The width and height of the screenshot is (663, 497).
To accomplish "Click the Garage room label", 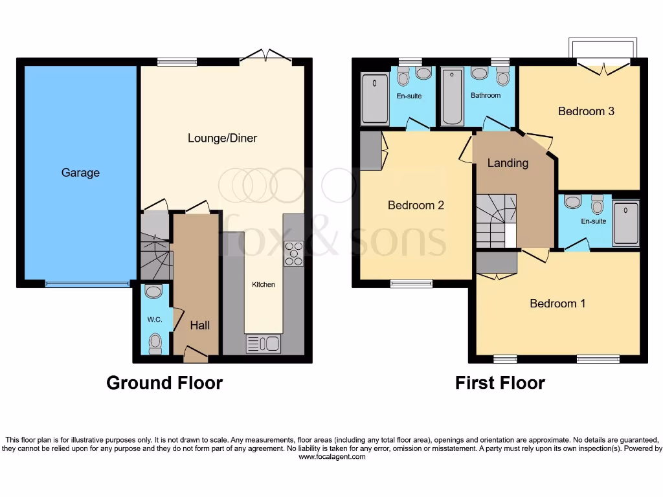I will tap(80, 173).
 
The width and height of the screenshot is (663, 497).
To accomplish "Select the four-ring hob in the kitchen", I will tap(294, 253).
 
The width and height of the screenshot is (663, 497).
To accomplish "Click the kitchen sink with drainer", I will tap(264, 344).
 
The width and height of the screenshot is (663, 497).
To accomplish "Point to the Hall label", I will tap(199, 326).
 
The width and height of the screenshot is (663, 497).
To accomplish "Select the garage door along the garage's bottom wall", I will tap(87, 283).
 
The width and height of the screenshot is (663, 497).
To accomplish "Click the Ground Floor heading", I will tap(164, 383).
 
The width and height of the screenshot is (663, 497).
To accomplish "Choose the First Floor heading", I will tap(500, 383).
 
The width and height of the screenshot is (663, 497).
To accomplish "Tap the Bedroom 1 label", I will tap(557, 304).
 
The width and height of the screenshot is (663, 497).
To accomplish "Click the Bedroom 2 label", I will tap(416, 205).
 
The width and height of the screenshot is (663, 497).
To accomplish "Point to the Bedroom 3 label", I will tap(586, 111).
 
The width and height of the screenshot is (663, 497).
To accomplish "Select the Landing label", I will tap(508, 163).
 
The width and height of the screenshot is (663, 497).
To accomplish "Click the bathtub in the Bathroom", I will tap(451, 96).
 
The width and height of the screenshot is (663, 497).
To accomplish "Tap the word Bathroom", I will tap(486, 95).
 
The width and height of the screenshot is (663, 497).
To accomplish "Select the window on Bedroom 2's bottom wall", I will tap(411, 283).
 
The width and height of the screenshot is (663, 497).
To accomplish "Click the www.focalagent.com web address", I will tap(331, 457).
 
